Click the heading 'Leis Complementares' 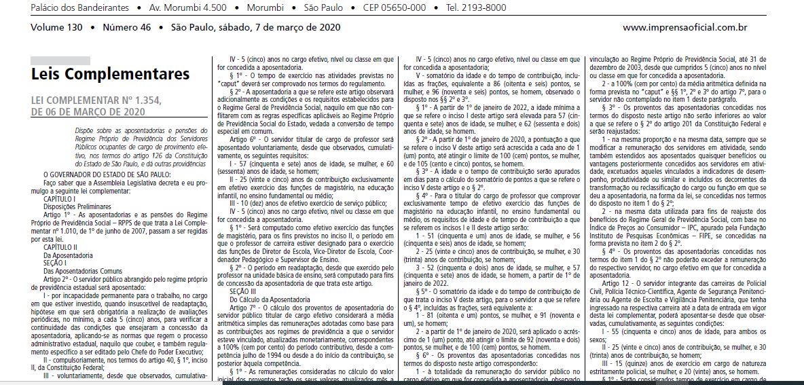tap(110, 73)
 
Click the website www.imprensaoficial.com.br tap(684, 28)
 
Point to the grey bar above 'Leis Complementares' tap(60, 60)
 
